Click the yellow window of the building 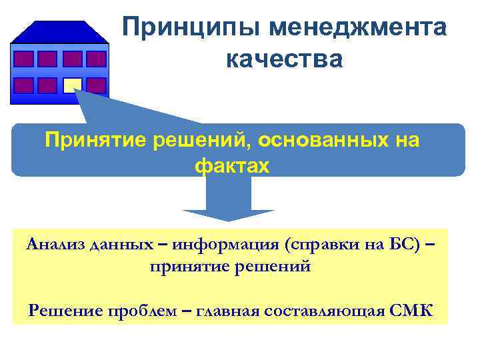pos(72,85)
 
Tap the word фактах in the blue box pos(232,166)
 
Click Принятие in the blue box pos(95,141)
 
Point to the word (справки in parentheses pos(316,244)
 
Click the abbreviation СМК pos(409,311)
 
